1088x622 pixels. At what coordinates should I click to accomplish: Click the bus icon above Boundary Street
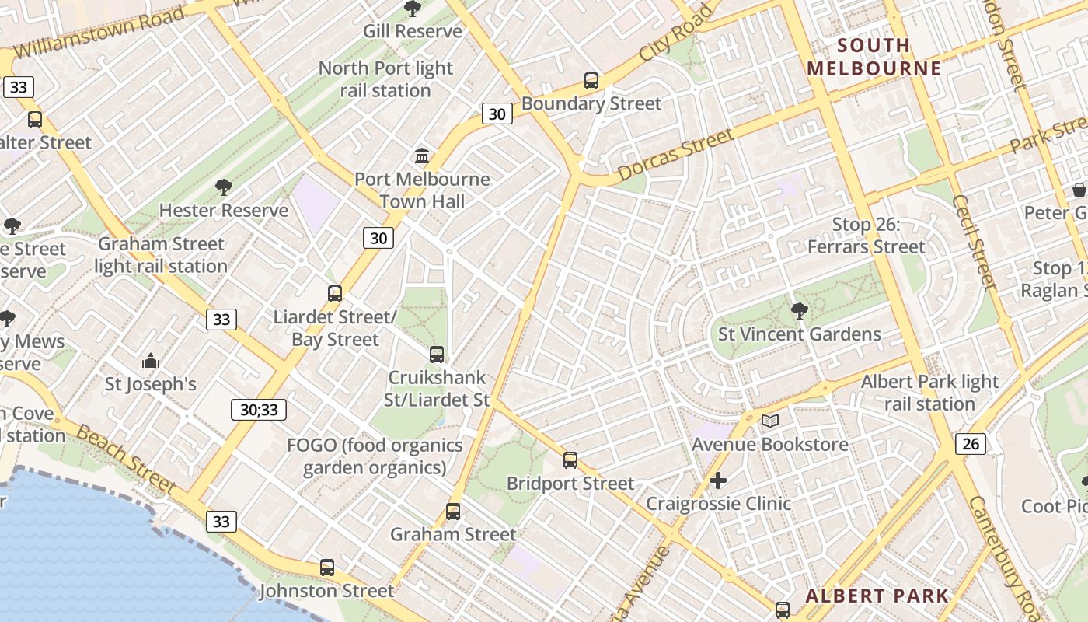[591, 81]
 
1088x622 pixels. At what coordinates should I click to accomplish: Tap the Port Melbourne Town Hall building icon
[422, 156]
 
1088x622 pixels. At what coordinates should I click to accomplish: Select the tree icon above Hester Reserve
[224, 187]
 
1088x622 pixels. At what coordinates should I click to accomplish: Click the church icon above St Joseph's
[151, 362]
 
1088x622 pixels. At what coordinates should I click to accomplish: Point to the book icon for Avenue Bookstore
[769, 421]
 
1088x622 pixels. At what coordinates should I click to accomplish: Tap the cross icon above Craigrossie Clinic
[718, 480]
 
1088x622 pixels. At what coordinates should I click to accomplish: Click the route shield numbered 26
[971, 444]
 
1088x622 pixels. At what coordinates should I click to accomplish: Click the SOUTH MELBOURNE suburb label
[874, 57]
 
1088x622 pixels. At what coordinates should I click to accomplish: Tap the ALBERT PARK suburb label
[877, 596]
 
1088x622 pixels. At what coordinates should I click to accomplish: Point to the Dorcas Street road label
[676, 155]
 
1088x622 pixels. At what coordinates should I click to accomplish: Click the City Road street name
[675, 34]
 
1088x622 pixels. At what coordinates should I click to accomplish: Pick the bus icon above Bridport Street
[570, 460]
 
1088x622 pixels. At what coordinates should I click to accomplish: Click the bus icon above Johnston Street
[327, 568]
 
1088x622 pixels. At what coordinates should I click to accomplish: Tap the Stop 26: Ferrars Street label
[866, 236]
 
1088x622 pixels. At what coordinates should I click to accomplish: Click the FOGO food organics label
[375, 456]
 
